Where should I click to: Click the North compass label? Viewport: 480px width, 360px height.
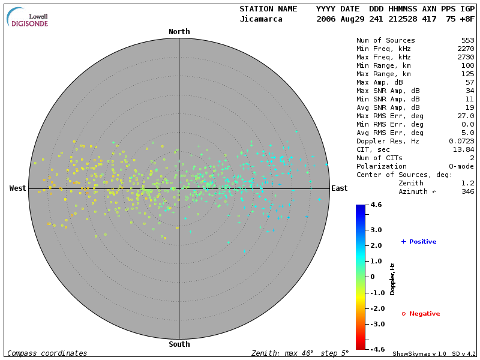179,32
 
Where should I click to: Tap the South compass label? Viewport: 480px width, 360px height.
179,344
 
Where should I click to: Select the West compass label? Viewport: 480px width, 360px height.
18,188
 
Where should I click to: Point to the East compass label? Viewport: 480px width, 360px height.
340,188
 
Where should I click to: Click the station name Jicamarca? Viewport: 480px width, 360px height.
260,19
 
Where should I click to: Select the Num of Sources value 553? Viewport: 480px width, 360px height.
468,41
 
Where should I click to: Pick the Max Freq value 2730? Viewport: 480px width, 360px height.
466,58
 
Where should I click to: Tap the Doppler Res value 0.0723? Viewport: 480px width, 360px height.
462,142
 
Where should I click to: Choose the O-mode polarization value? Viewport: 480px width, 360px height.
460,167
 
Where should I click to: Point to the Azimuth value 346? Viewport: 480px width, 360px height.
468,192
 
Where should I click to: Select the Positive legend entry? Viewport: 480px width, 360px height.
419,242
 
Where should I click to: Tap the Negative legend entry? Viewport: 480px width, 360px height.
421,314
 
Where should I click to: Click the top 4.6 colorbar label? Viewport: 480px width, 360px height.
376,205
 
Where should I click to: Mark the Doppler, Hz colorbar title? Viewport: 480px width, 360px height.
392,279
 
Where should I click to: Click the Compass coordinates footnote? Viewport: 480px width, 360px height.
47,353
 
